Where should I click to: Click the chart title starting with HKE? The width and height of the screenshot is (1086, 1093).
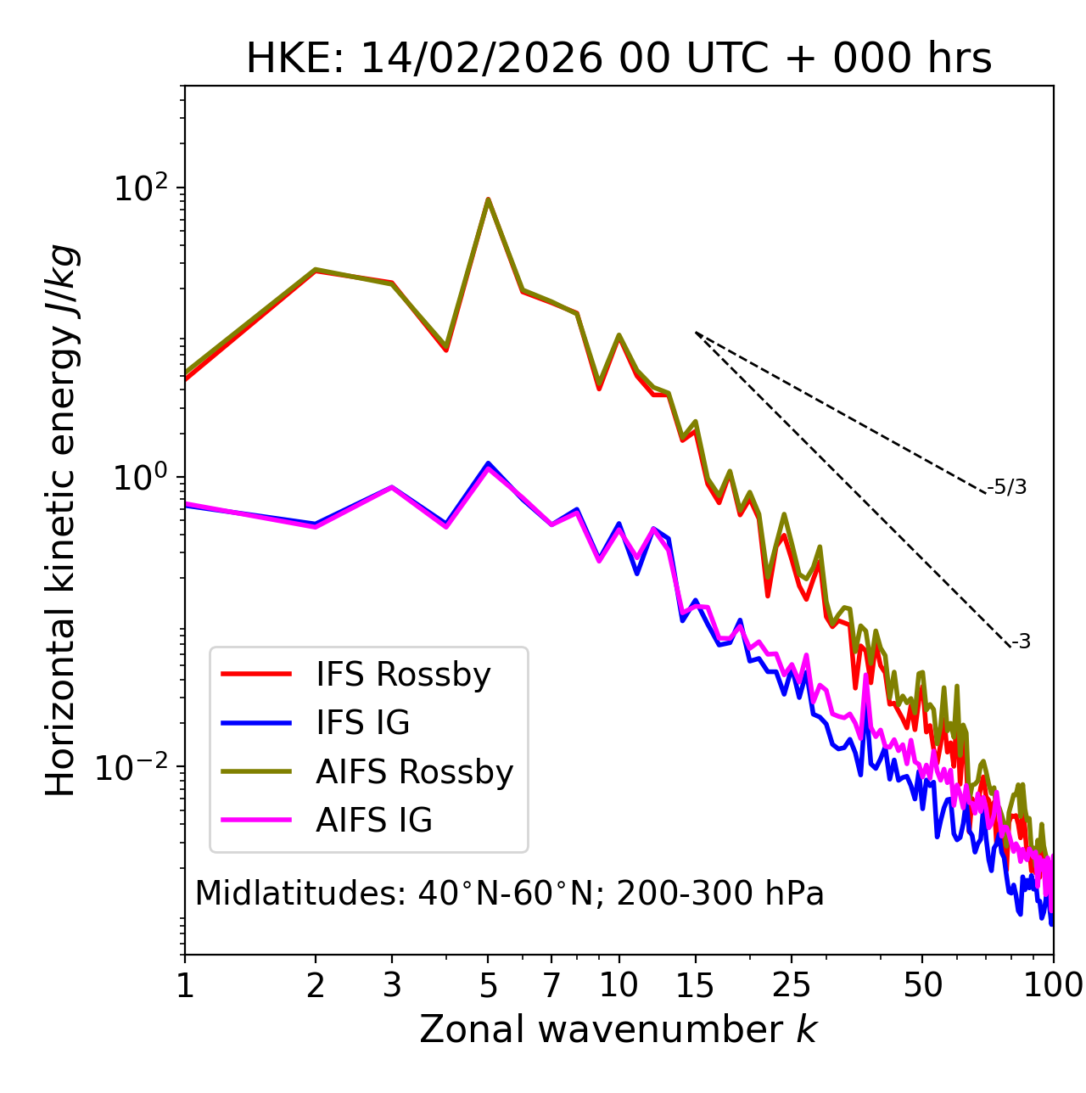click(x=619, y=59)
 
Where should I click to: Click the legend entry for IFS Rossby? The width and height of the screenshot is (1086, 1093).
click(x=403, y=675)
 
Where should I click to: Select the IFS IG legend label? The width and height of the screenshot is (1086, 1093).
click(x=362, y=723)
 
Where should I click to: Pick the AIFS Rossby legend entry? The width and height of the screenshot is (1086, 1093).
click(x=414, y=772)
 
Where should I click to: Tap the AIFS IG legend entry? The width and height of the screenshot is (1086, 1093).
click(x=374, y=821)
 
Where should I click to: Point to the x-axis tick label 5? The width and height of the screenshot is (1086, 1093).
click(x=488, y=985)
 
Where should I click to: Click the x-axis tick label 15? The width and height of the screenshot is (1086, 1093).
click(x=696, y=985)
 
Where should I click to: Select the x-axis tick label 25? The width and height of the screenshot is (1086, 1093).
click(x=792, y=985)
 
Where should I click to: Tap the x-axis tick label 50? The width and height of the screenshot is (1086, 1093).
click(x=922, y=985)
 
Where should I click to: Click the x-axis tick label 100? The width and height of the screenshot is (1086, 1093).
click(x=1053, y=985)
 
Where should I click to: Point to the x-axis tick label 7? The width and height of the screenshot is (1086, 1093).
click(x=551, y=985)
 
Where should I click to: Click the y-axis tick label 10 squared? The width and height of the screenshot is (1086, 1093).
click(x=142, y=188)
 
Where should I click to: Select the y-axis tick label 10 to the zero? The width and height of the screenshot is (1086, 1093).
click(x=142, y=478)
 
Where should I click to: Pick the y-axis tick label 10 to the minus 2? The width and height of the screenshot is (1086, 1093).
click(x=136, y=767)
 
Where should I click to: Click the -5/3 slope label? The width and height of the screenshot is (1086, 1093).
click(x=1007, y=487)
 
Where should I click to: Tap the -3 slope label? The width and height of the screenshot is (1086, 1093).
click(x=1021, y=642)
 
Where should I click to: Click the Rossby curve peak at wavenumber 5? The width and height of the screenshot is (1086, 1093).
click(x=488, y=200)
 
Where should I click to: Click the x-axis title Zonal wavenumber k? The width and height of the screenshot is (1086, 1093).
click(x=619, y=1029)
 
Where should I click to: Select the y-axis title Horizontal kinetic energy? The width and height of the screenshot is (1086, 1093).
click(x=61, y=520)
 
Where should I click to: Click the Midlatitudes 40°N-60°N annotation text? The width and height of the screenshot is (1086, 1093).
click(x=509, y=894)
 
